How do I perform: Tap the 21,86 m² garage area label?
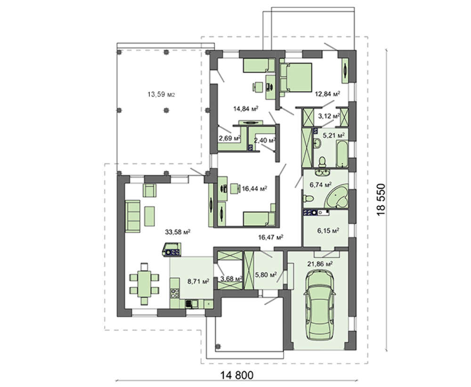320,264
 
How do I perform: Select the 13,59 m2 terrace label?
161,95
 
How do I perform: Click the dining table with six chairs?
144,284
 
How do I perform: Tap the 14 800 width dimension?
237,375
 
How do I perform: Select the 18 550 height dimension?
381,200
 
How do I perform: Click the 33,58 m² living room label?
178,232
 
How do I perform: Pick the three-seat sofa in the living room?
132,216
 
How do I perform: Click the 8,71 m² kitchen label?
198,282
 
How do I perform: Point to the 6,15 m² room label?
328,231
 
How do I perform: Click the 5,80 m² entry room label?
266,274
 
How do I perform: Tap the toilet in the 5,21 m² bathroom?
322,162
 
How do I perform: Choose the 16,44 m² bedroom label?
254,188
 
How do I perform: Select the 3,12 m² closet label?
329,116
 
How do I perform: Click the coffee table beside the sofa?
150,216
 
